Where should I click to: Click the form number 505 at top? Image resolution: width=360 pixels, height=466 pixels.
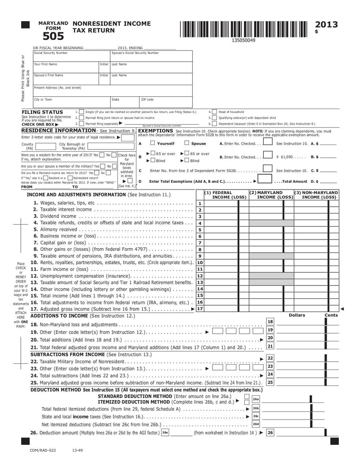coord(53,36)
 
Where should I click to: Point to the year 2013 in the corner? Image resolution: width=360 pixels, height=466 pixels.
coord(326,25)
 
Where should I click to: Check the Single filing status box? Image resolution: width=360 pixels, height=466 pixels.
coord(81,112)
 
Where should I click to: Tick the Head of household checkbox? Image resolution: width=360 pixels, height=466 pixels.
coord(214,112)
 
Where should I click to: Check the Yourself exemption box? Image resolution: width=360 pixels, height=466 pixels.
coord(152,143)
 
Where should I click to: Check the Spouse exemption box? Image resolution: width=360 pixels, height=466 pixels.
coord(187,143)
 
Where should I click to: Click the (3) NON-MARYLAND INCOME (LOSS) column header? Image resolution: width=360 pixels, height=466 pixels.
coord(316,195)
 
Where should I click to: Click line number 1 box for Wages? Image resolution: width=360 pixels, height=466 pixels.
coord(200,204)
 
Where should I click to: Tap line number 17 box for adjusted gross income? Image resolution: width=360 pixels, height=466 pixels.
coord(200,309)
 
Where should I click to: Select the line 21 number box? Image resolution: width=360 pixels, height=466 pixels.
coord(270,346)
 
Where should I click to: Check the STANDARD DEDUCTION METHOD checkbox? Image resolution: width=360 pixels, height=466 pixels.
coord(246,396)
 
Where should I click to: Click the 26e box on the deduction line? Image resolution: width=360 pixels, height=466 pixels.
coord(165,433)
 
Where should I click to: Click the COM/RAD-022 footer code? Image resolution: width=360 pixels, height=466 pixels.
coord(43,450)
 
